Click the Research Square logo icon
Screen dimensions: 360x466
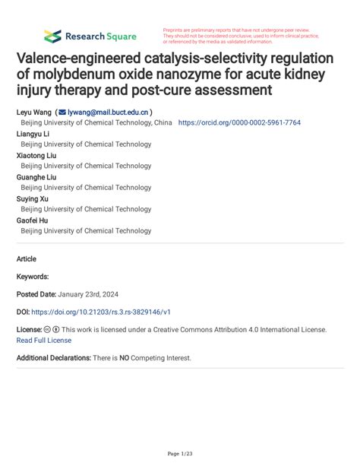point(52,36)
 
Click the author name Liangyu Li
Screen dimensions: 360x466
point(33,133)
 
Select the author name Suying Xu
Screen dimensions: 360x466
point(32,198)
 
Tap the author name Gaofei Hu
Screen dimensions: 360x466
point(33,220)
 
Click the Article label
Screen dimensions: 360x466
point(27,258)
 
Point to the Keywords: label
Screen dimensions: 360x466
point(33,277)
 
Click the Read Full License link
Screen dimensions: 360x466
point(44,341)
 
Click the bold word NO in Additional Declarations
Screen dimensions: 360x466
point(124,357)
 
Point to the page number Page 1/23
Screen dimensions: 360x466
point(180,453)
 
